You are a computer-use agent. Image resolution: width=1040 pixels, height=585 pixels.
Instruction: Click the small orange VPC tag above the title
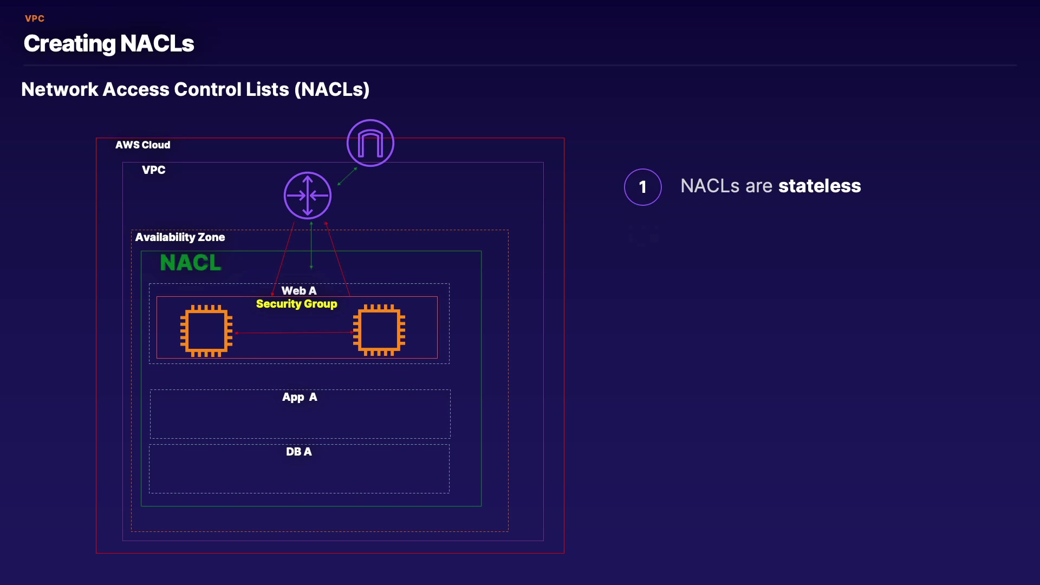coord(35,18)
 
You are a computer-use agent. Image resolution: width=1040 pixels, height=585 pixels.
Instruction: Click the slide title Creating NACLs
coord(109,43)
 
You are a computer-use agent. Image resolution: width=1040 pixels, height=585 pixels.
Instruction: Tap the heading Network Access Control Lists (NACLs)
coord(195,89)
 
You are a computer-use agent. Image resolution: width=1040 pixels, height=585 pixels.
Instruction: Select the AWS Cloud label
coord(142,145)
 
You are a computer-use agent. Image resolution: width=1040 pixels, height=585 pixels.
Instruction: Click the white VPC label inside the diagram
coord(153,170)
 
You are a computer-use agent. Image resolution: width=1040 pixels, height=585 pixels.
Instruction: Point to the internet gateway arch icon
coord(370,143)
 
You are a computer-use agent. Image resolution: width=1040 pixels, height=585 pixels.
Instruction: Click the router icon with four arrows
coord(308,196)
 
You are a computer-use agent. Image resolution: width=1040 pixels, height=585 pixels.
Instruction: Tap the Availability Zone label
coord(180,237)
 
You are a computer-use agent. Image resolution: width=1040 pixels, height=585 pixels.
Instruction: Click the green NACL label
coord(191,263)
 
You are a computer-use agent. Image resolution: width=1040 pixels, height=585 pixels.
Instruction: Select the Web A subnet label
coord(299,291)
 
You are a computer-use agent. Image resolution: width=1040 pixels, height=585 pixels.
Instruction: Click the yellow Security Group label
coord(296,304)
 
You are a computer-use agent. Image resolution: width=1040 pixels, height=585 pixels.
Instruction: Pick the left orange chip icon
coord(206,331)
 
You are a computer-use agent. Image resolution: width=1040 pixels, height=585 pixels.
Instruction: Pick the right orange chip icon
coord(379,330)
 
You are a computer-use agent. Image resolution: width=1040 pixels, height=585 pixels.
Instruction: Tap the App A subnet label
coord(300,397)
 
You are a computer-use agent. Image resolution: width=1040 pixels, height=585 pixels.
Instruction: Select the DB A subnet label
coord(299,452)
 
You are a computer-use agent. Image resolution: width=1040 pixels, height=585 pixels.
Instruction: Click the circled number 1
coord(643,187)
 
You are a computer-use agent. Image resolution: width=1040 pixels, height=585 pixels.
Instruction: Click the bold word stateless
coord(820,186)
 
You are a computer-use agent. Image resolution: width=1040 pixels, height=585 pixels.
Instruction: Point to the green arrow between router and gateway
coord(347,177)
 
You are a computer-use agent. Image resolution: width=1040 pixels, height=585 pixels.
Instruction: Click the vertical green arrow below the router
coord(311,245)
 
